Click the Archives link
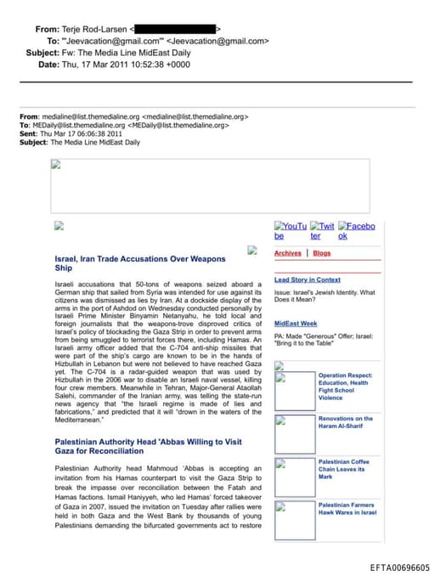click(287, 253)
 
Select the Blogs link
click(322, 253)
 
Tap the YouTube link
click(290, 231)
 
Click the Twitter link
click(322, 231)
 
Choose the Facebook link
click(356, 231)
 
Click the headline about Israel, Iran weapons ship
click(140, 263)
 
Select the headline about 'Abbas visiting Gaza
click(148, 447)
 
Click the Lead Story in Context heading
click(307, 280)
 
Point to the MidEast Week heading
click(296, 324)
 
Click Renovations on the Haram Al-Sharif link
click(345, 422)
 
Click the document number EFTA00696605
click(399, 568)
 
